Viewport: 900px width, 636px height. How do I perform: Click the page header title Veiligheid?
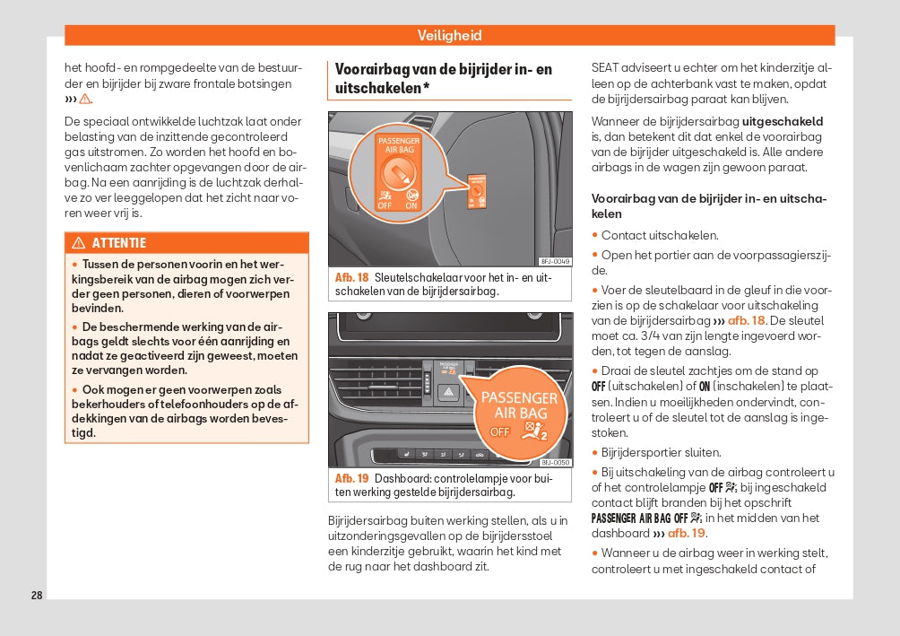(449, 36)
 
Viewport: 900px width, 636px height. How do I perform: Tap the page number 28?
(37, 595)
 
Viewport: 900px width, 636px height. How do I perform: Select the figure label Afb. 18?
(351, 278)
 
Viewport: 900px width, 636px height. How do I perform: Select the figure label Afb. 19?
(351, 479)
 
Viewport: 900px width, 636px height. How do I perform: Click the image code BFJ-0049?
(555, 261)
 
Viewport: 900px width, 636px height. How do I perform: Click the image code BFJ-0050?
(555, 462)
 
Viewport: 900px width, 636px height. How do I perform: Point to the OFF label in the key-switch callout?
(385, 205)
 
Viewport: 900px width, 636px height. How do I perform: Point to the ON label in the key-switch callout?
(411, 205)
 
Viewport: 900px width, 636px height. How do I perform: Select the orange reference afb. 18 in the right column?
(747, 321)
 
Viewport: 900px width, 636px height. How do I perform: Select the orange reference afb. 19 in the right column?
(686, 533)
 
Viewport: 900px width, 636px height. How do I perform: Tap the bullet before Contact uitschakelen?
(594, 236)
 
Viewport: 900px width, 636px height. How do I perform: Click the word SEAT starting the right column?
(606, 68)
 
